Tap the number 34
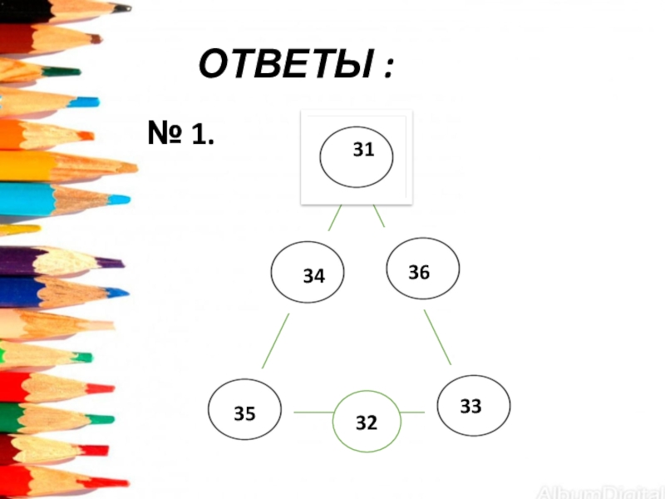(313, 276)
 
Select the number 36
(419, 271)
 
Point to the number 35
(244, 412)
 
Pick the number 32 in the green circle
(367, 422)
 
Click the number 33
(470, 406)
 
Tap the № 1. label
(180, 132)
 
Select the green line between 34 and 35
(275, 341)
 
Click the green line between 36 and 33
(437, 338)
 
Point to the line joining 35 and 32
(313, 412)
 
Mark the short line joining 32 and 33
(412, 413)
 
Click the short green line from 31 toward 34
(335, 218)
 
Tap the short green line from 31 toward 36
(379, 216)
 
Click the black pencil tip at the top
(122, 8)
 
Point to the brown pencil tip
(95, 38)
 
